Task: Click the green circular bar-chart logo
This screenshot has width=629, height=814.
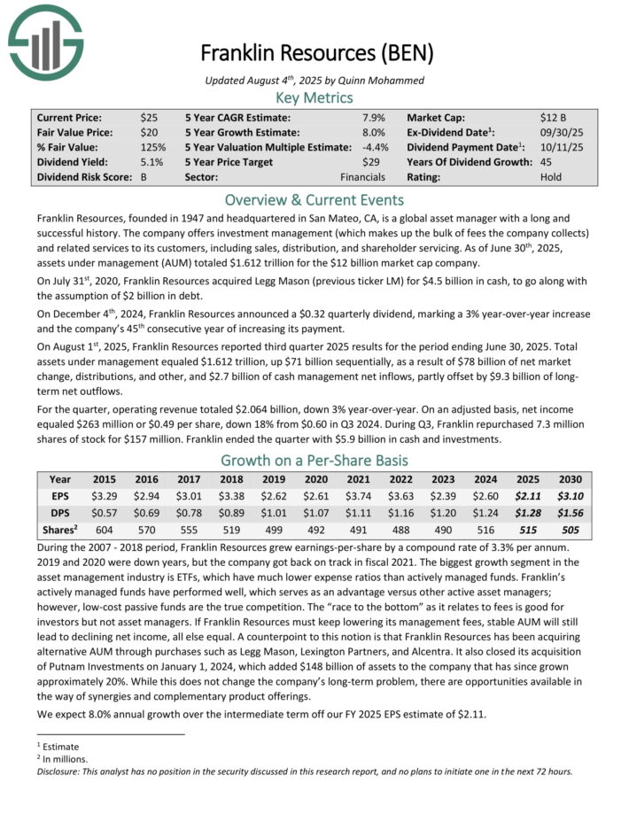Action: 45,39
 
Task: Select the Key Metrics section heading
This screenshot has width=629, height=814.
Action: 314,97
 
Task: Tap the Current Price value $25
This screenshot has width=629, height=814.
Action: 149,117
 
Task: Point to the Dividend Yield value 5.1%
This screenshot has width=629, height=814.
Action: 151,162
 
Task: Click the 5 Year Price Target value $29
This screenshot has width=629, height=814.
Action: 370,162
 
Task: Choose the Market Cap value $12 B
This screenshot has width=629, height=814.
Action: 555,117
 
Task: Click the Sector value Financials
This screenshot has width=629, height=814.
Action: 362,177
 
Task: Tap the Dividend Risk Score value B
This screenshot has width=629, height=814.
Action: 144,177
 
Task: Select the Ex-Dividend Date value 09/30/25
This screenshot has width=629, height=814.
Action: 561,132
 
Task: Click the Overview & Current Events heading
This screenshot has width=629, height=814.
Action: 314,199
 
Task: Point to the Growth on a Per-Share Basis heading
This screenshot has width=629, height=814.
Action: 314,461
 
